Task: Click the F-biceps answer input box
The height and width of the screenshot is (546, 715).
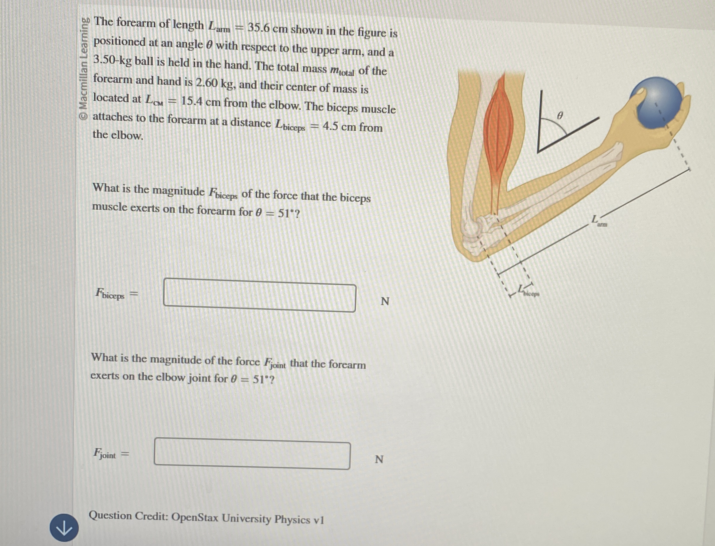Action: click(259, 295)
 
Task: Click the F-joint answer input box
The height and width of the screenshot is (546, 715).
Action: click(252, 454)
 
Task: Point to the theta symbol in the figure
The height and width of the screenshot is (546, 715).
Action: click(559, 115)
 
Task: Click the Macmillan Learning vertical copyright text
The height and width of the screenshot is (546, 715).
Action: click(84, 68)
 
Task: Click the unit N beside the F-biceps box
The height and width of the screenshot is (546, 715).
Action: click(385, 301)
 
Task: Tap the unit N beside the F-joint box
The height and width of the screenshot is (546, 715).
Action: click(379, 459)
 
